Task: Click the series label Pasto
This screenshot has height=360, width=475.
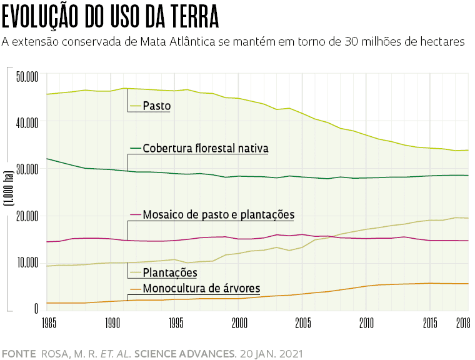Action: click(x=156, y=106)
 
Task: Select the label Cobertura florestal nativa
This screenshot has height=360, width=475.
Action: click(x=205, y=148)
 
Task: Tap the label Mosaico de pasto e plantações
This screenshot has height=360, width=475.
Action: click(x=217, y=214)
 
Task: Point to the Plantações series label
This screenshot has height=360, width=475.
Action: click(x=169, y=272)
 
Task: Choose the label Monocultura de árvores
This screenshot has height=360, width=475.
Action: click(x=201, y=288)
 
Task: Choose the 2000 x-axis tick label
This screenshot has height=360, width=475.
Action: click(x=239, y=322)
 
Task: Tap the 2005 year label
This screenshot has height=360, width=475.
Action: click(x=303, y=322)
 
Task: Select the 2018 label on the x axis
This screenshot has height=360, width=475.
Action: click(x=463, y=322)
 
